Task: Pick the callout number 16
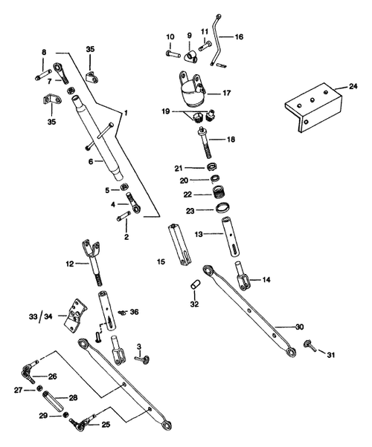239,36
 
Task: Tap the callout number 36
135,312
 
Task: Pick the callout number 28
73,398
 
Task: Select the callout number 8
45,51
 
